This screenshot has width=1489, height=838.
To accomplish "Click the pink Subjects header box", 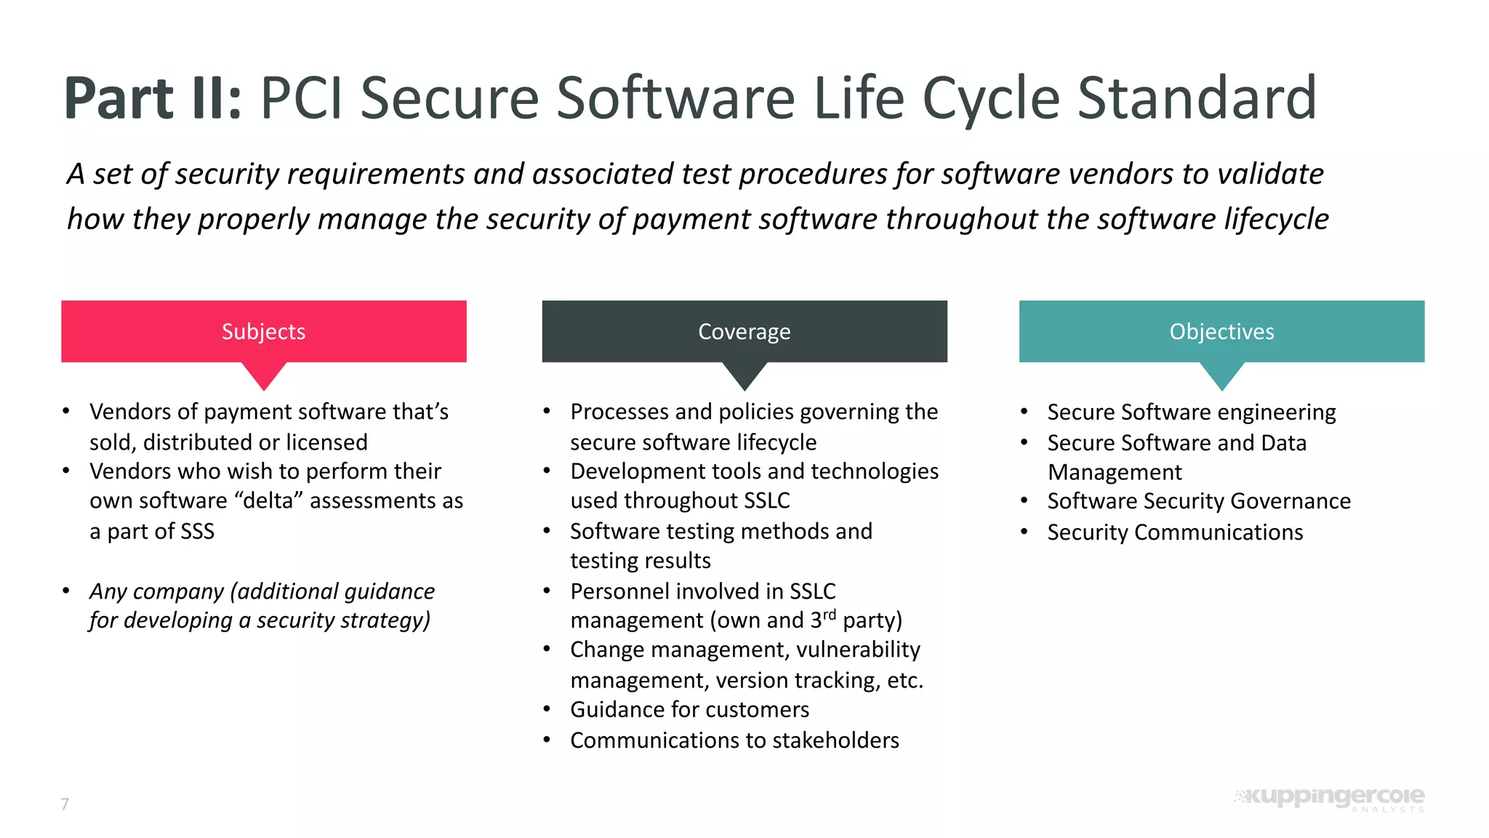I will click(x=263, y=331).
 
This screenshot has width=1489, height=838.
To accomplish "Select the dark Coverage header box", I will click(x=744, y=331).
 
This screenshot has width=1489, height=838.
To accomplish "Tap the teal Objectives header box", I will click(x=1221, y=331).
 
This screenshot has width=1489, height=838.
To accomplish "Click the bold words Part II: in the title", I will click(x=153, y=99).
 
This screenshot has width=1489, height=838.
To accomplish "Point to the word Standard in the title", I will click(x=1196, y=99).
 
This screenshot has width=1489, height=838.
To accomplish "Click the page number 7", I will click(x=65, y=804).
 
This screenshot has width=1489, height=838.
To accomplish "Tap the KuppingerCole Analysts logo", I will click(x=1331, y=798).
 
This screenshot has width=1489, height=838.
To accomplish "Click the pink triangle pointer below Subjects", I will click(x=264, y=375).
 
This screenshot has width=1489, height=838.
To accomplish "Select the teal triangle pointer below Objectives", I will click(x=1221, y=375).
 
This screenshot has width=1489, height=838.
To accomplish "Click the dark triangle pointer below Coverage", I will click(x=744, y=375).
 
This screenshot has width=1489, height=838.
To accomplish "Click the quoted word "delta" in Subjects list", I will click(x=268, y=500).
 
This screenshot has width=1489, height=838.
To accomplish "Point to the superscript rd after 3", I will click(x=829, y=615).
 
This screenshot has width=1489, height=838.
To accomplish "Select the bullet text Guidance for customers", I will click(x=689, y=709).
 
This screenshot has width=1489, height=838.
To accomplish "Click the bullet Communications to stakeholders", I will click(x=734, y=741).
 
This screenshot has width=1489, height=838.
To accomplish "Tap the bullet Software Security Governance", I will click(x=1198, y=501).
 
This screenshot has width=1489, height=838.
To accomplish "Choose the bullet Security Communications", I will click(x=1175, y=532).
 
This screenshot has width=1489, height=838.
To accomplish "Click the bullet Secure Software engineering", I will click(x=1191, y=412).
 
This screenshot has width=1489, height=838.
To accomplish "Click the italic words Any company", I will click(x=156, y=591).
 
